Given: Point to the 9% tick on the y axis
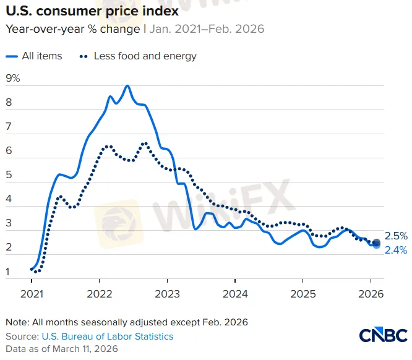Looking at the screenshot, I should pos(12,79).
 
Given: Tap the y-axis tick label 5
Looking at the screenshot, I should pos(9,175).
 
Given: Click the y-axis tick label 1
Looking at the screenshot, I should pos(8,272).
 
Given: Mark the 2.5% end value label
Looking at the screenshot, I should pos(396,236).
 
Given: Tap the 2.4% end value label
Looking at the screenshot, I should pos(396,250).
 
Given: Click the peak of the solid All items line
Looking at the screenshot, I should pos(127,86).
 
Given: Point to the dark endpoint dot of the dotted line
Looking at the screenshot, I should pos(377,243).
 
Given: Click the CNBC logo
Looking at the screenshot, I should pos(383,335).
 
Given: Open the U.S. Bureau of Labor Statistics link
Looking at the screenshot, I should pos(108,336).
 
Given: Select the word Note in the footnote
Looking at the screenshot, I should pos(17,322).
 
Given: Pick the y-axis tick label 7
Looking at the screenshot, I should pos(9,127).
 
